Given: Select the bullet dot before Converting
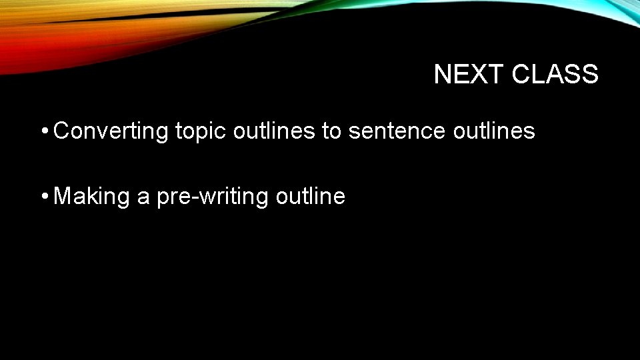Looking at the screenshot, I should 43,131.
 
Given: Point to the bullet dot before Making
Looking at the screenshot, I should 43,196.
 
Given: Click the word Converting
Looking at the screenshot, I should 111,132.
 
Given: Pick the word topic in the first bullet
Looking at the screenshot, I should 201,132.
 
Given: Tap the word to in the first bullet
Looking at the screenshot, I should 331,131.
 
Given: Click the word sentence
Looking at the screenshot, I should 397,131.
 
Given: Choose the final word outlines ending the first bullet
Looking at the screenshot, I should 493,131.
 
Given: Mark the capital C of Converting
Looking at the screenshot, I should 61,131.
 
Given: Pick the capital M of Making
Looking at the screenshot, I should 63,196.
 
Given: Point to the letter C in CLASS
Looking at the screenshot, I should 521,75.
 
